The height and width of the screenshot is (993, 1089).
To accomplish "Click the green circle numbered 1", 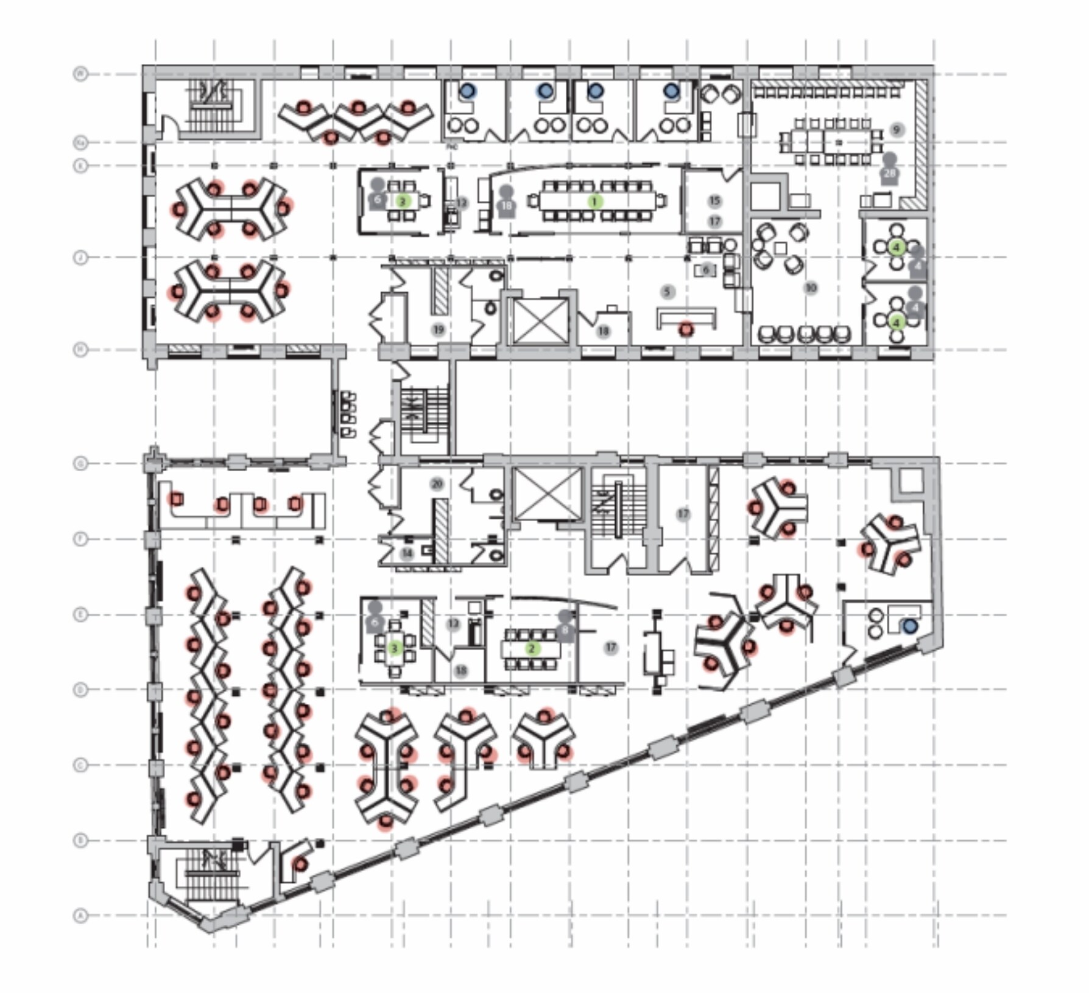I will (x=594, y=201).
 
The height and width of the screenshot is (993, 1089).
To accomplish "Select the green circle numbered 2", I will (x=532, y=648).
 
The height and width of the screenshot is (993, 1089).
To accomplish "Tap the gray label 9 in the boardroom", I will (x=896, y=130).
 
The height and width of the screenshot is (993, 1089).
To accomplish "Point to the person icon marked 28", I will (x=890, y=170).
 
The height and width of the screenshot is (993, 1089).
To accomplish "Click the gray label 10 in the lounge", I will (x=811, y=287).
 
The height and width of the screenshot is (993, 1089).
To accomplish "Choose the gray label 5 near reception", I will (x=668, y=292).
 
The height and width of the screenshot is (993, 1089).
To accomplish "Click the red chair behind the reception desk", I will (x=686, y=330).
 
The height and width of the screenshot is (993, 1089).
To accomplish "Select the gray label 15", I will (x=714, y=200).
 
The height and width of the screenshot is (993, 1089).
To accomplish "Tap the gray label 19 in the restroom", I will (x=439, y=330).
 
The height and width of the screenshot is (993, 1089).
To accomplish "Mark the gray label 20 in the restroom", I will (x=437, y=484).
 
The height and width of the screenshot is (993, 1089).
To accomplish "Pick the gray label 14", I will (x=407, y=553).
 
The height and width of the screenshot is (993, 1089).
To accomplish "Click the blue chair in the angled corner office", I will (x=910, y=626).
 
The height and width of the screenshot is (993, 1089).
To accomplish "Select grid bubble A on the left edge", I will (x=80, y=915).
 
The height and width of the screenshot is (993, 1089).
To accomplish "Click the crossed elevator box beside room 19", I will (x=540, y=321).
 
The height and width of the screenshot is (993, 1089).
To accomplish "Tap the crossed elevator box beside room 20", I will (x=548, y=494).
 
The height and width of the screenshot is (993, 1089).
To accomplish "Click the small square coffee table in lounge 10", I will (x=780, y=248).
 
